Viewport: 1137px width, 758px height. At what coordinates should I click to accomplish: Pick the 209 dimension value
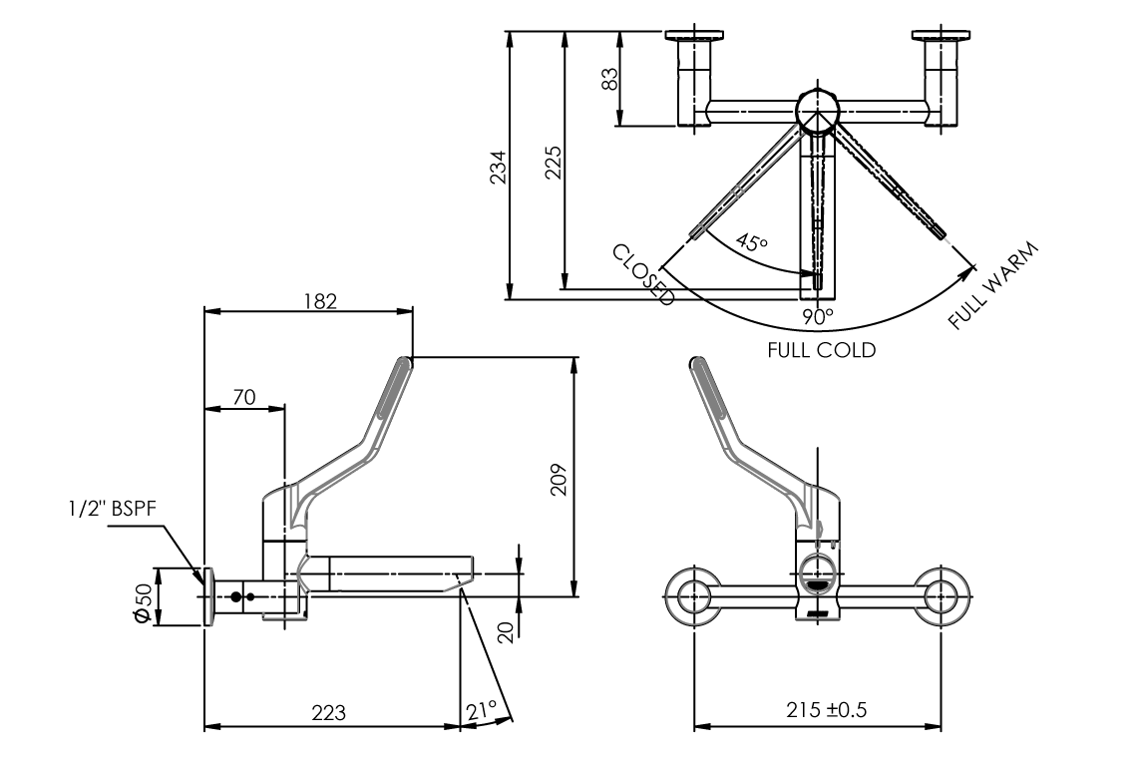(560, 479)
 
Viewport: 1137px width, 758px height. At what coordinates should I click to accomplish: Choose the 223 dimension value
(328, 713)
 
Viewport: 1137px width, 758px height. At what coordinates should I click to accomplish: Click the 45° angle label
(752, 242)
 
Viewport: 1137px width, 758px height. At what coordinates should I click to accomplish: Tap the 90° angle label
(818, 317)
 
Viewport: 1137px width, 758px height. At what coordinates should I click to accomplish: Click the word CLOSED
(644, 274)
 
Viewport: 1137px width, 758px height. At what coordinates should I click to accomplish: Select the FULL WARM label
(993, 285)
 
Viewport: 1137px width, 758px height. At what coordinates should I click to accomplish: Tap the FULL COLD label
(821, 350)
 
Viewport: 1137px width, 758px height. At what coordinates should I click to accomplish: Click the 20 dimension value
(504, 630)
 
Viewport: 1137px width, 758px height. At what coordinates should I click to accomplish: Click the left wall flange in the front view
(693, 597)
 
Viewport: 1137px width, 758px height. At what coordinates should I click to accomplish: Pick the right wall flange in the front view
(941, 597)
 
